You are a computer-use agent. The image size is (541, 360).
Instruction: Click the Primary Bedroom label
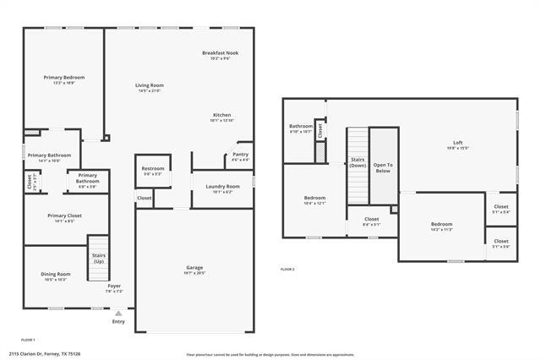pos(63,77)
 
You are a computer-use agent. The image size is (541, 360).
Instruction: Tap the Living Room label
pos(150,85)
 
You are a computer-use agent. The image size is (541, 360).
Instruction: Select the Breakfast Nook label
pos(220,52)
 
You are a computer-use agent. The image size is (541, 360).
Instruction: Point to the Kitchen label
pos(221,115)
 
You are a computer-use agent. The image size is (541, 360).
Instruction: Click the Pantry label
pos(240,154)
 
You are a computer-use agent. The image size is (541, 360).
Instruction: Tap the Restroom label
pos(152,168)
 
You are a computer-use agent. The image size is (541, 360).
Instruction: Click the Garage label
pos(194,268)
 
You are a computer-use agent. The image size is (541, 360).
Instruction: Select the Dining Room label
pos(56,274)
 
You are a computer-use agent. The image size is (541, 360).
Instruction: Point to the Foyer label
pos(114,286)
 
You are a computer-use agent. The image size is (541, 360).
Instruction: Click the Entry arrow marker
pos(117,313)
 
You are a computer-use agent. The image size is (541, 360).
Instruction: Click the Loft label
pos(457,142)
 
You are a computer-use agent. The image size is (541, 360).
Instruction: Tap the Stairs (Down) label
pos(358,162)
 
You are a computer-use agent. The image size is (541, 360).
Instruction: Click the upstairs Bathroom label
pos(301,126)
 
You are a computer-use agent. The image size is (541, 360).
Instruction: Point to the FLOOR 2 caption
pos(287,269)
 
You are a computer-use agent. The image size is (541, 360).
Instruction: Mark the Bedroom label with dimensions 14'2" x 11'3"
pos(442,224)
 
